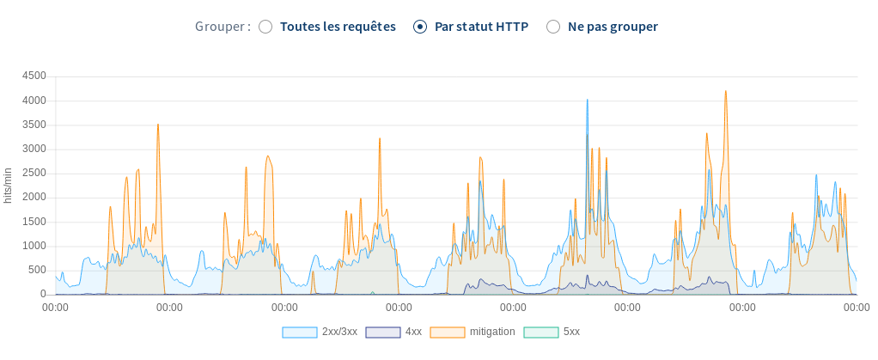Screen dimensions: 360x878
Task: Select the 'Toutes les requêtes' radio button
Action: point(265,27)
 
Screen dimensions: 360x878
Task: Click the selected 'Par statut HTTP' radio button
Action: point(420,27)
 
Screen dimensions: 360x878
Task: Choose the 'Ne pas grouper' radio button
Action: point(553,27)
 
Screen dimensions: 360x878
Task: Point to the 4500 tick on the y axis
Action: point(34,76)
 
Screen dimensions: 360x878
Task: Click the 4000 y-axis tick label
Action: point(34,100)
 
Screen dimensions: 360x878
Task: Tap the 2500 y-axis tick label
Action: point(34,173)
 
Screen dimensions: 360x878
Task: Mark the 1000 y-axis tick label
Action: point(34,246)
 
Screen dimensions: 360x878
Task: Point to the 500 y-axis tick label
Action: point(37,270)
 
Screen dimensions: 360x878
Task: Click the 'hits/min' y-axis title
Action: point(9,186)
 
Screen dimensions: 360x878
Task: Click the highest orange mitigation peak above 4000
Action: point(726,92)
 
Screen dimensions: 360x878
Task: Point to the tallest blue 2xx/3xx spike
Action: point(588,101)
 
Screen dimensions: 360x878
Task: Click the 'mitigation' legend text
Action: point(492,332)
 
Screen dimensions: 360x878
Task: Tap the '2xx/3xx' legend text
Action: point(339,332)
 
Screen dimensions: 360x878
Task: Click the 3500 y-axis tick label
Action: point(34,125)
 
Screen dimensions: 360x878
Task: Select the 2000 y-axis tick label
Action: point(34,197)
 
